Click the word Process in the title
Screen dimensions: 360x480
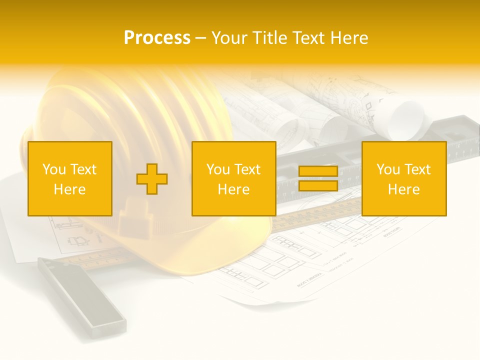tap(157, 37)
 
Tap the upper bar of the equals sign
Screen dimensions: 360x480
tap(318, 171)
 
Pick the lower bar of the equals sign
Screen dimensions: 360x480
tap(318, 186)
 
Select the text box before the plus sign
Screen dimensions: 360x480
tap(70, 178)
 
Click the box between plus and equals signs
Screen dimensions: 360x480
tap(233, 178)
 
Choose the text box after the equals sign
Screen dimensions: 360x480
tap(404, 178)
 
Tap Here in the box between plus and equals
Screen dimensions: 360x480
tap(233, 189)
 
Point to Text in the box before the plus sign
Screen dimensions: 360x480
tap(83, 169)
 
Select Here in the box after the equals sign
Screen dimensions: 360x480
tap(404, 189)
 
